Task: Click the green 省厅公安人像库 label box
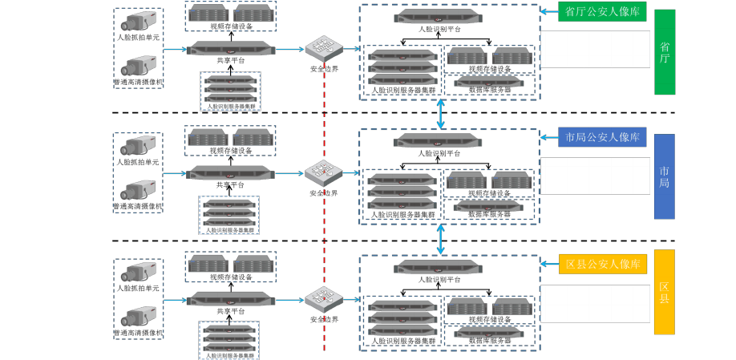pyautogui.click(x=601, y=11)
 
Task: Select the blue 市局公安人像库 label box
pyautogui.click(x=601, y=137)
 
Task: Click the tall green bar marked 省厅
pyautogui.click(x=665, y=52)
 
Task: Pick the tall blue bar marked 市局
pyautogui.click(x=665, y=176)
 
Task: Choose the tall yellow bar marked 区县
pyautogui.click(x=665, y=292)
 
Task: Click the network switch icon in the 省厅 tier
pyautogui.click(x=324, y=48)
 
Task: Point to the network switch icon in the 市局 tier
pyautogui.click(x=324, y=172)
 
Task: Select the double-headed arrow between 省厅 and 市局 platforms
pyautogui.click(x=442, y=113)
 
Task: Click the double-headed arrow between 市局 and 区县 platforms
pyautogui.click(x=442, y=241)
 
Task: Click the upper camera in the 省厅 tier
pyautogui.click(x=138, y=25)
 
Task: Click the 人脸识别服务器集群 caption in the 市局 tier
pyautogui.click(x=230, y=230)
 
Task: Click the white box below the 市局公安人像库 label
pyautogui.click(x=595, y=176)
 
